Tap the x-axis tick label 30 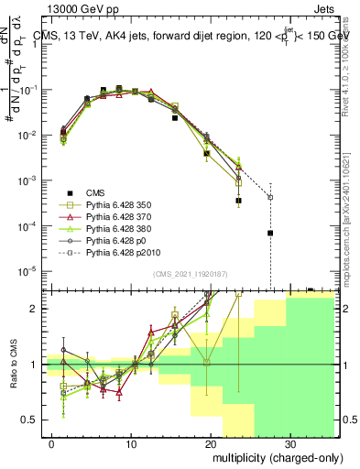(x=289, y=442)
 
